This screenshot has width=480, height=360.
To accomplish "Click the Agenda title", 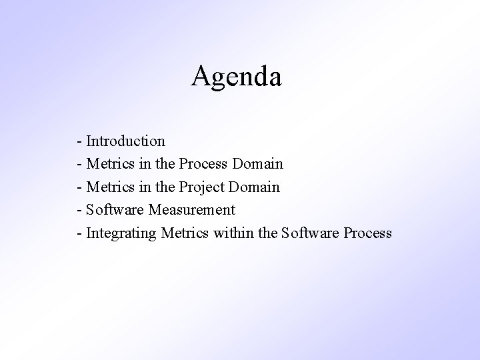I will tap(237, 77).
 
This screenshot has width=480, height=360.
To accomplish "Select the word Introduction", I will tap(125, 141).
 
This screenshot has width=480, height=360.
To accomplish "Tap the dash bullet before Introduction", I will tap(80, 142).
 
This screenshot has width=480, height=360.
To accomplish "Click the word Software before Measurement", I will tap(115, 210).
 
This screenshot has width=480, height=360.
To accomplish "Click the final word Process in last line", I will tap(367, 233).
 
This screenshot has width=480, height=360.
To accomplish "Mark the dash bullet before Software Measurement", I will tap(80, 211).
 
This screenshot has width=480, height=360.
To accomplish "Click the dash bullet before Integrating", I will tap(80, 234).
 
